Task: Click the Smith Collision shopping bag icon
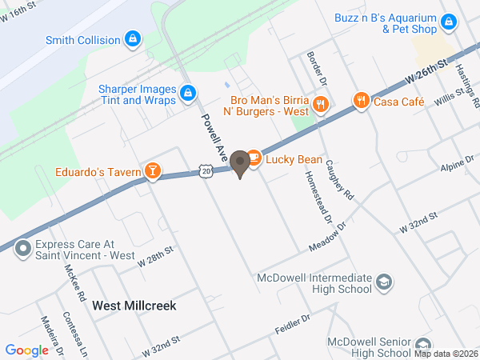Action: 133,38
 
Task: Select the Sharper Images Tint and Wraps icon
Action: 187,94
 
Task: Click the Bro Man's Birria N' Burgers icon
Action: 320,103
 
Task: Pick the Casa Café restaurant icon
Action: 361,101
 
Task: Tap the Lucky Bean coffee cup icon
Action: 254,158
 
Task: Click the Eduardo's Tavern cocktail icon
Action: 151,170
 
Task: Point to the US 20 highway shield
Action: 206,171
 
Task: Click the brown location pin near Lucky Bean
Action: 238,163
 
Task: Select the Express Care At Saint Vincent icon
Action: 22,248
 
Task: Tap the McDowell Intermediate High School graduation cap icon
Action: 384,282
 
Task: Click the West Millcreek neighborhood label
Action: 134,306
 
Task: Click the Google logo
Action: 27,350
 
